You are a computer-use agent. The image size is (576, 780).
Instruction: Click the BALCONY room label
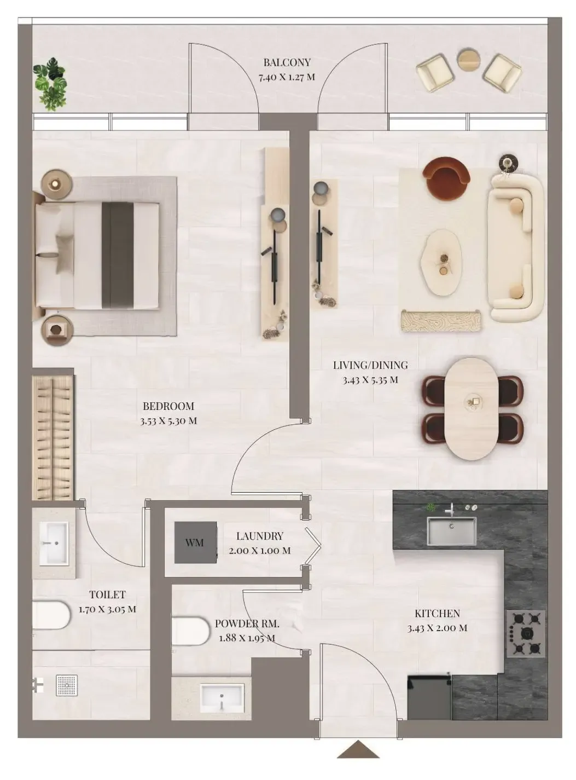coord(287,62)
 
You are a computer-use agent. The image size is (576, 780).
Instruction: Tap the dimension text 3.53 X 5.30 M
coord(168,421)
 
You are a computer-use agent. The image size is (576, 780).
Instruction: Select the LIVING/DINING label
coord(370,365)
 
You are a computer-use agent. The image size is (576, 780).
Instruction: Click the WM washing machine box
coord(195,542)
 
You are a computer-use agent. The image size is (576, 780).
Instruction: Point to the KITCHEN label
coord(437,614)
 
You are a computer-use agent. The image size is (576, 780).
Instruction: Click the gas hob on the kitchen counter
coord(526,633)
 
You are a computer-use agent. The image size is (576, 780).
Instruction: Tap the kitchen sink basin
coord(451,531)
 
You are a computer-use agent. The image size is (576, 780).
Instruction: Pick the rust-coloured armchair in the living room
coord(447,174)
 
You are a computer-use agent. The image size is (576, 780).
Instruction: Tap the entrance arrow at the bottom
coord(358,750)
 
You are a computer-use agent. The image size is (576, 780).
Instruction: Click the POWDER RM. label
coord(247,623)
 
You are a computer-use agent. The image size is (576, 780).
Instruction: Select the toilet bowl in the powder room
coord(190,631)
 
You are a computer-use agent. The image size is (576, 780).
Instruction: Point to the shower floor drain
coord(67,685)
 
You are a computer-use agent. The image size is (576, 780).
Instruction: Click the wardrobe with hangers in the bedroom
coord(53,437)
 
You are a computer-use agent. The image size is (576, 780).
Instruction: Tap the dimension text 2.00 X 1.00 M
coord(259,551)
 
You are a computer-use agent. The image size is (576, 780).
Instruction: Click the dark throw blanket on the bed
coord(118,255)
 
